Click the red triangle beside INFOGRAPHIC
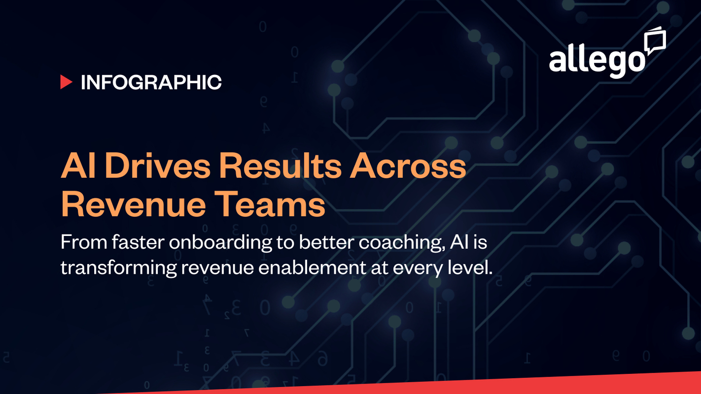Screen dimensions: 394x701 (x=66, y=82)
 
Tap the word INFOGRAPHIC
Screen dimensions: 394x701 (x=151, y=82)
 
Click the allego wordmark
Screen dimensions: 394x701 (x=597, y=61)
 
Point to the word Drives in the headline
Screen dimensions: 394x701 (x=158, y=166)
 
